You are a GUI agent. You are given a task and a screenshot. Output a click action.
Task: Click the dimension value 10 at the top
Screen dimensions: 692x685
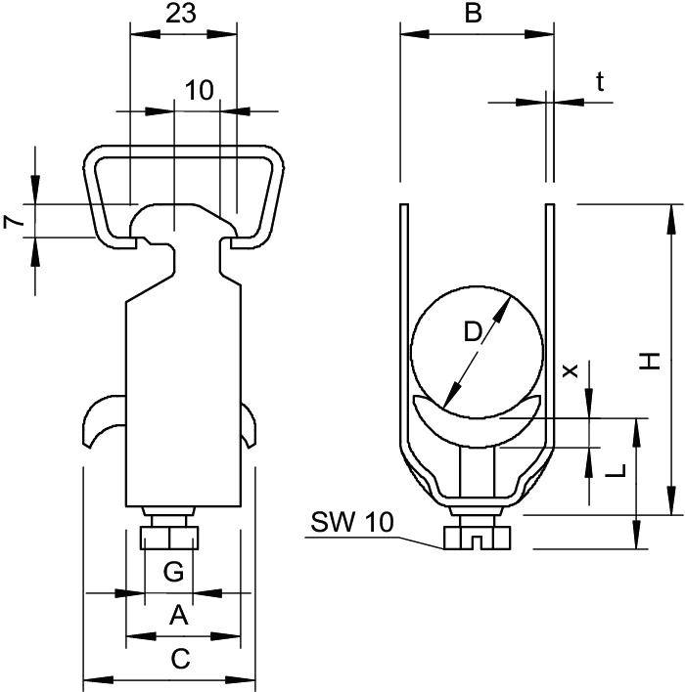199,90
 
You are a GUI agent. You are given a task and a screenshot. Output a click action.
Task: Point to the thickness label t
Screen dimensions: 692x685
599,82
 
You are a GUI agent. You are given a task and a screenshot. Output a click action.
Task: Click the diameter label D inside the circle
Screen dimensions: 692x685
473,332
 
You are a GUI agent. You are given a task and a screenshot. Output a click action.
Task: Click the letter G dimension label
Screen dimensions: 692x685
172,573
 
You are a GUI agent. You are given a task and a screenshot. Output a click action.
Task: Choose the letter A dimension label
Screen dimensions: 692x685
178,615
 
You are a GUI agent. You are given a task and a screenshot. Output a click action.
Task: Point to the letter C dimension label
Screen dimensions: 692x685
180,660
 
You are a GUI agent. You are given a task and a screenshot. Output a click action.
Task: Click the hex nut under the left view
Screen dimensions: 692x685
168,538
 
